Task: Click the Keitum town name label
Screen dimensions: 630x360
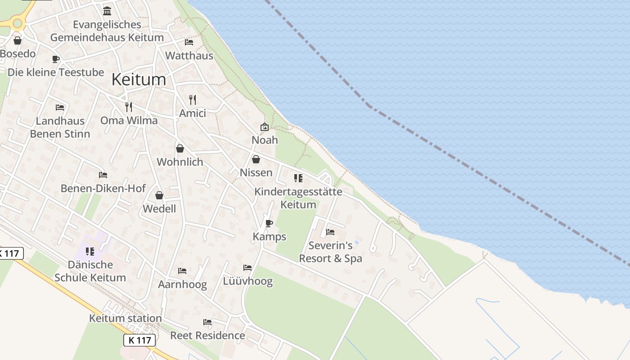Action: pyautogui.click(x=139, y=80)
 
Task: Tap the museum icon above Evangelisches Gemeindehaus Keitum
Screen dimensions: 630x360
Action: pyautogui.click(x=107, y=11)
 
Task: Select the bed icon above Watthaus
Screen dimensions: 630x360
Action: pyautogui.click(x=189, y=42)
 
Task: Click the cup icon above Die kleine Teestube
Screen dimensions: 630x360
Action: pyautogui.click(x=56, y=59)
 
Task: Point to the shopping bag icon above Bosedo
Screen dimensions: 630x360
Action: pyautogui.click(x=18, y=40)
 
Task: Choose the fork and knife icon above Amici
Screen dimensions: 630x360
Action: pyautogui.click(x=193, y=99)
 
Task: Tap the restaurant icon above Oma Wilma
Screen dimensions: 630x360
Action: pyautogui.click(x=129, y=107)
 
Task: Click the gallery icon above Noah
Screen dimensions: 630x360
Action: pyautogui.click(x=265, y=127)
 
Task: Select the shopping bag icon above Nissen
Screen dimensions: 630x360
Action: pyautogui.click(x=256, y=159)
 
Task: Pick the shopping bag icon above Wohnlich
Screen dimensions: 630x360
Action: pyautogui.click(x=180, y=148)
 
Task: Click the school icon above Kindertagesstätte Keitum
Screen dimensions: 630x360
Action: pyautogui.click(x=298, y=178)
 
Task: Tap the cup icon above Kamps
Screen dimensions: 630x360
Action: pyautogui.click(x=269, y=223)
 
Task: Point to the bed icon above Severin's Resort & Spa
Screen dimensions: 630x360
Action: pyautogui.click(x=330, y=232)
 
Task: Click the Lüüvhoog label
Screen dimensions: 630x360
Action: pyautogui.click(x=248, y=282)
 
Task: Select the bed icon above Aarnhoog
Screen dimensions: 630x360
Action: pyautogui.click(x=182, y=271)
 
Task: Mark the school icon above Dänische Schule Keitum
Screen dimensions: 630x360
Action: pyautogui.click(x=90, y=251)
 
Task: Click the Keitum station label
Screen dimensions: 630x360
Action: pyautogui.click(x=125, y=318)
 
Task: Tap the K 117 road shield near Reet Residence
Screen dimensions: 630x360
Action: pyautogui.click(x=139, y=340)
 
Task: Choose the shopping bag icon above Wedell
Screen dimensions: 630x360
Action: pyautogui.click(x=159, y=195)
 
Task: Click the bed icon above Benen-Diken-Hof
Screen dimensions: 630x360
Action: pyautogui.click(x=103, y=175)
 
